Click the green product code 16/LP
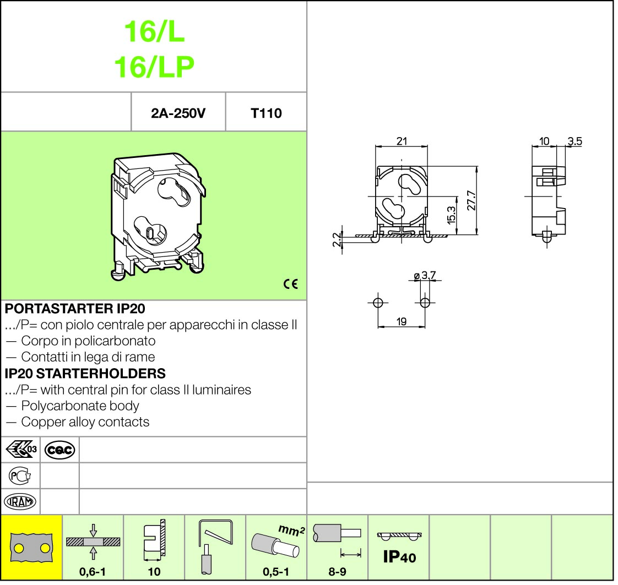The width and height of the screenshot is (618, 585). coord(154,67)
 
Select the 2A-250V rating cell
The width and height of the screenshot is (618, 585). coord(178,113)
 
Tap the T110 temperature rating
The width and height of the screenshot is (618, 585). coord(266,113)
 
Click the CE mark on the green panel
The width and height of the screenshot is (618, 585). coord(290,284)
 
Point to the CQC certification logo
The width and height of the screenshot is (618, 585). coord(59,450)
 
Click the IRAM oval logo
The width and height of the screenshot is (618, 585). coord(20,502)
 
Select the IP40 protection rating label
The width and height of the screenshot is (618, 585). coord(399,556)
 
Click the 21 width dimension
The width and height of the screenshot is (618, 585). coord(402,141)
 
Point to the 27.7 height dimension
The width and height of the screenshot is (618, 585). coord(471,200)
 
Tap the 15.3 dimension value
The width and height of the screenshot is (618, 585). coord(452,215)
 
